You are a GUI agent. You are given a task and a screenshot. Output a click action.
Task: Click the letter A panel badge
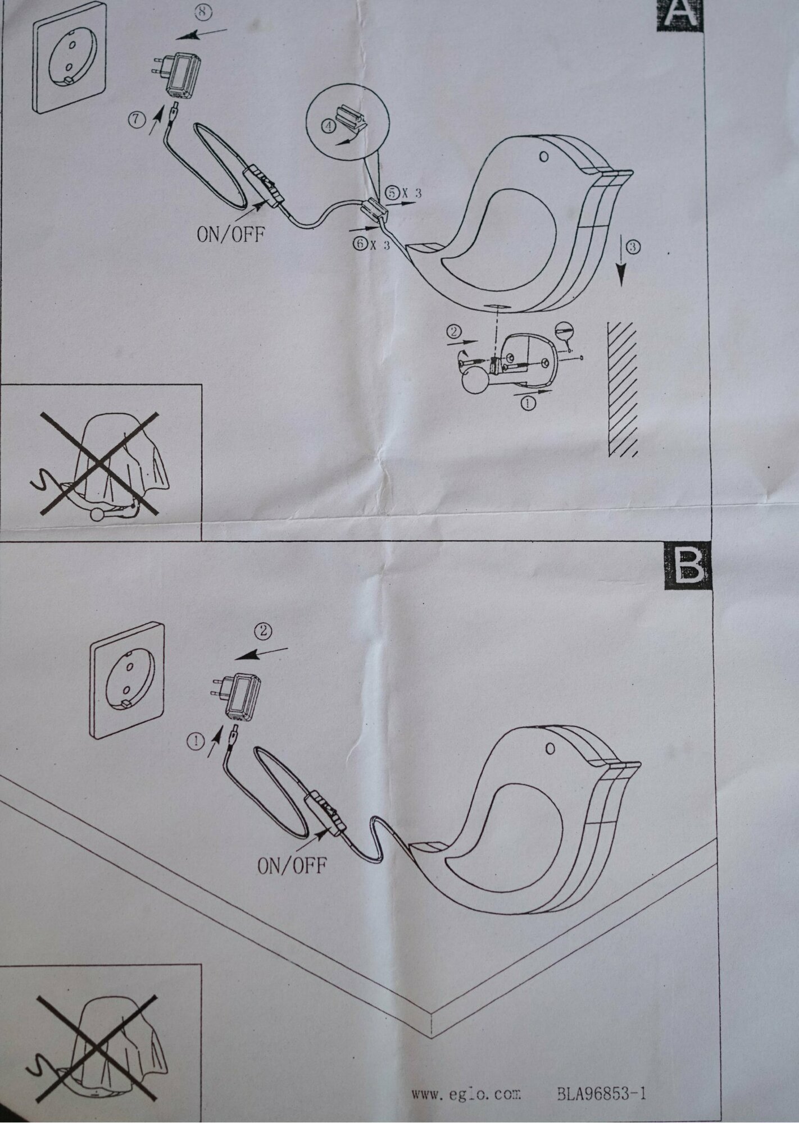click(680, 12)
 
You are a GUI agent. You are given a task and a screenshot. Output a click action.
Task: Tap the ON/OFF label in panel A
click(230, 234)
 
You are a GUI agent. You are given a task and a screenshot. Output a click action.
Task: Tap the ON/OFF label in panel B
click(291, 881)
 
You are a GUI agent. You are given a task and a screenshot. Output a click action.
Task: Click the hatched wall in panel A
click(622, 387)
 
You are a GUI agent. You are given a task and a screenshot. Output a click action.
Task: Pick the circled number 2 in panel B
click(263, 631)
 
